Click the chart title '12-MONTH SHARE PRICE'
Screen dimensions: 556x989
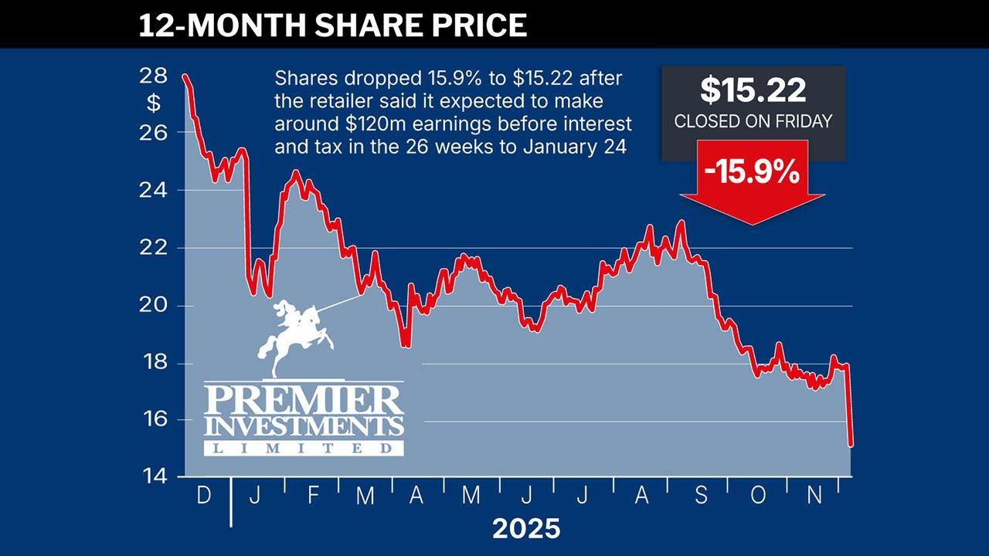click(332, 25)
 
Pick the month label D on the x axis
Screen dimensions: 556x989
click(204, 496)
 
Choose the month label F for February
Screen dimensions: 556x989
click(312, 496)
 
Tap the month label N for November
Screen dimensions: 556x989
click(814, 496)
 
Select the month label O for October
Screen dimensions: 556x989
click(758, 496)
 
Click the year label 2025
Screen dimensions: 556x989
click(526, 529)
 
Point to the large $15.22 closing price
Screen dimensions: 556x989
click(753, 90)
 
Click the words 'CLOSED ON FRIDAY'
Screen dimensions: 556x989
click(753, 121)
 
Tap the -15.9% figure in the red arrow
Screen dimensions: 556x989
click(753, 172)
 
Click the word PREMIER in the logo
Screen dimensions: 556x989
click(303, 400)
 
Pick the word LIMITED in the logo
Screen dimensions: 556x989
click(303, 448)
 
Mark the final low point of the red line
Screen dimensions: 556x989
click(851, 444)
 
